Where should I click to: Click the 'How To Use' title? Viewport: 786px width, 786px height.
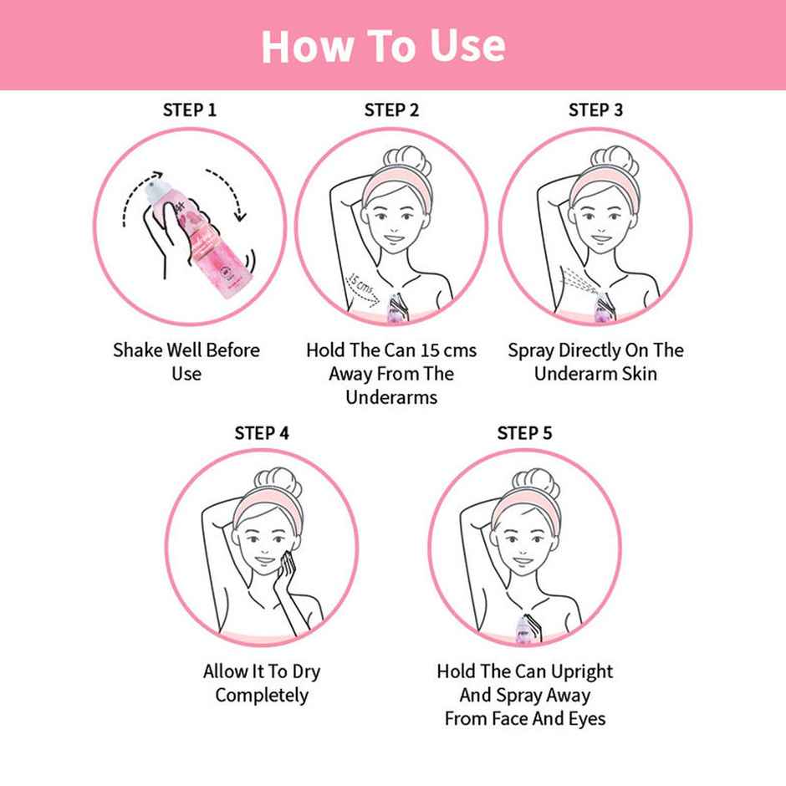[x=384, y=46]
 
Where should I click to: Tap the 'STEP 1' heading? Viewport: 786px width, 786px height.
[x=190, y=110]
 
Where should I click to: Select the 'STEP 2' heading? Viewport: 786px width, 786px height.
[x=391, y=110]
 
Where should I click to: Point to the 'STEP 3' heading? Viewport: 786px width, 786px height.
[x=595, y=110]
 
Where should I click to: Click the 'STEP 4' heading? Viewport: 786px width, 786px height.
[x=262, y=433]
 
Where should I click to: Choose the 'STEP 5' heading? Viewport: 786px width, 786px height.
[x=524, y=433]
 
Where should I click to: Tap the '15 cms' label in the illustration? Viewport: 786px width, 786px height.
[x=361, y=283]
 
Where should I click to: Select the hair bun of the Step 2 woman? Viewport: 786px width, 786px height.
[x=406, y=161]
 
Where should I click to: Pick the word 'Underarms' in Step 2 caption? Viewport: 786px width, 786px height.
[x=391, y=397]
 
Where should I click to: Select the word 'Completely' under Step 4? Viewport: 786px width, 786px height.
[x=262, y=696]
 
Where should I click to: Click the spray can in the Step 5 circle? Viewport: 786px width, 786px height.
[x=527, y=628]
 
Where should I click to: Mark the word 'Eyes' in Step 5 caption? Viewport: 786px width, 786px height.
[x=587, y=719]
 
